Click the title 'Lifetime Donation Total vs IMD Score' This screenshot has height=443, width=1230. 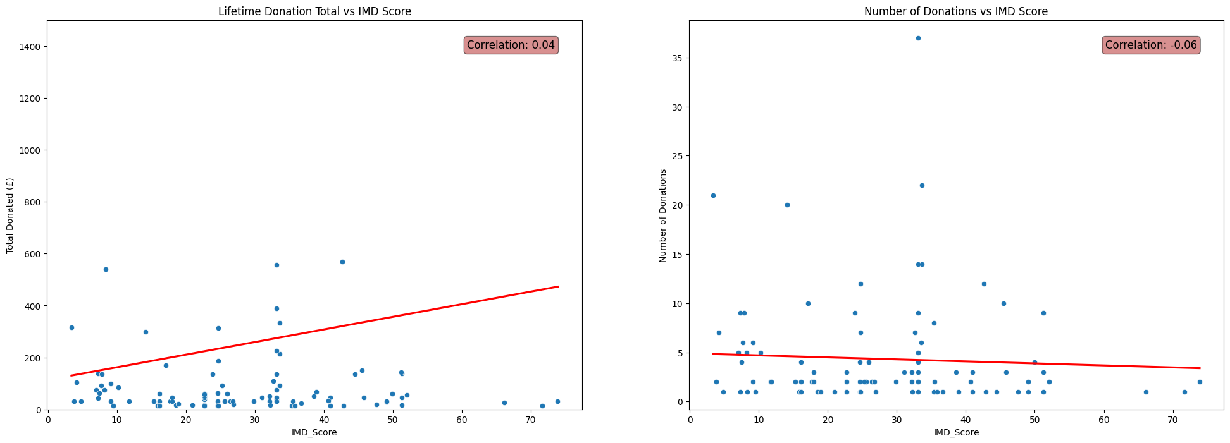(314, 11)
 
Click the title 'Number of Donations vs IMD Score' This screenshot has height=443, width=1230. (956, 11)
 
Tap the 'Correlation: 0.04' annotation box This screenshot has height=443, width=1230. (511, 45)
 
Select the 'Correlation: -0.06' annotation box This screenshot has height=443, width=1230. (1151, 45)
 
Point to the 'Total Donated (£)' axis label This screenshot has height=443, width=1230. (10, 215)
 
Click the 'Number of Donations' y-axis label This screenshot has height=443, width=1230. (663, 215)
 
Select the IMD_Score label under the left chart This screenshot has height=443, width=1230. (314, 432)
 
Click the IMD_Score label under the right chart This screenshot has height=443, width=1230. (956, 432)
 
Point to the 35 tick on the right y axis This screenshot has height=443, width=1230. (678, 58)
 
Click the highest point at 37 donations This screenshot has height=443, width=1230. (918, 38)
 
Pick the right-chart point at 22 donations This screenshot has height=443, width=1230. (922, 185)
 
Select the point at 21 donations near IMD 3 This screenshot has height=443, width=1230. (713, 195)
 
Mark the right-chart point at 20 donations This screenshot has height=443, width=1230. (787, 205)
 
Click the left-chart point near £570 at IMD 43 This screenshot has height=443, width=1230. (342, 262)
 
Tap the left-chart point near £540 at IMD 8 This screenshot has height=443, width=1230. (106, 269)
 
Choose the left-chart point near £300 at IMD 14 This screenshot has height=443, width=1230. (145, 332)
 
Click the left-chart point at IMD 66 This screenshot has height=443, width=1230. (504, 403)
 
